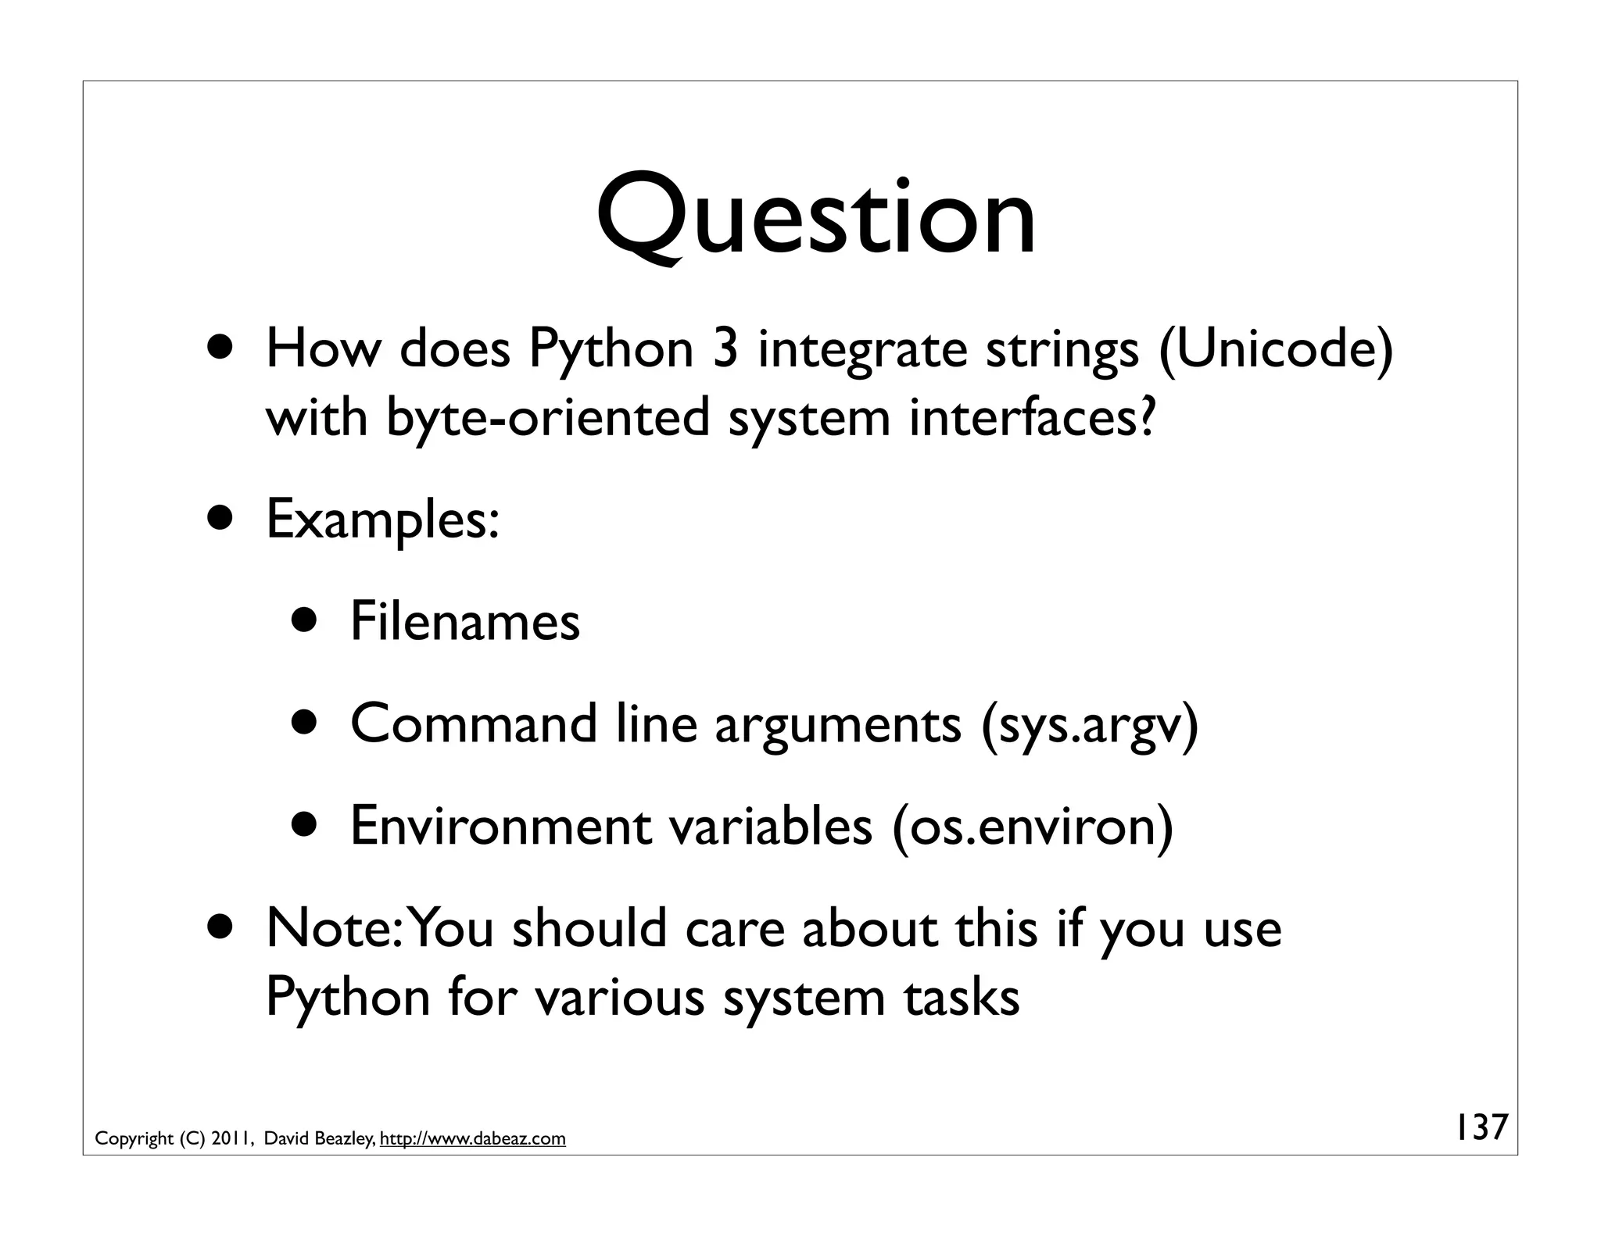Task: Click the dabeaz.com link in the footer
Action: [473, 1139]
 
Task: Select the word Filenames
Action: [465, 622]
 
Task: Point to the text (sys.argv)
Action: [1088, 724]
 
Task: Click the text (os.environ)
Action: [1032, 826]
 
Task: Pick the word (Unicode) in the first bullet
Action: [1276, 349]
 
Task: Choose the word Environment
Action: [501, 826]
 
